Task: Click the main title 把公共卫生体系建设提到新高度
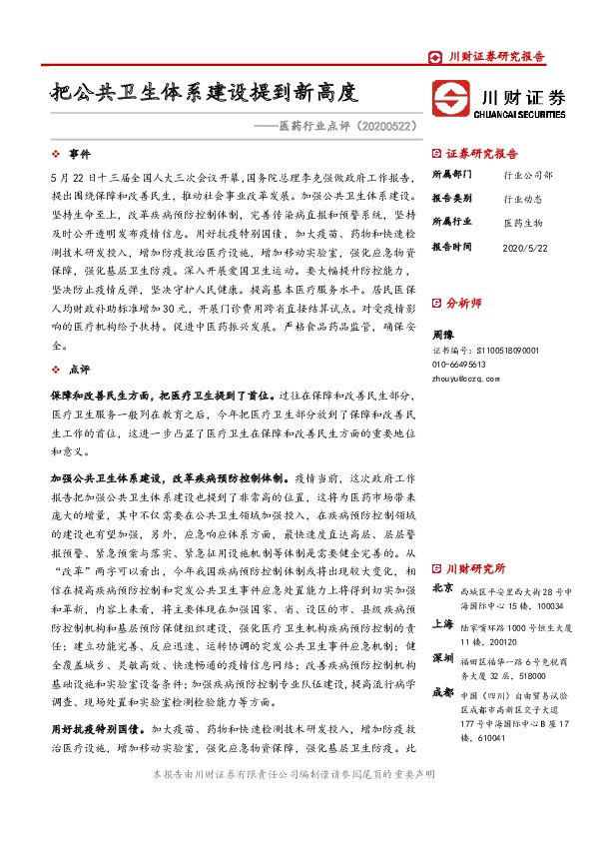click(x=205, y=96)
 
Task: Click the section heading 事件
click(x=79, y=155)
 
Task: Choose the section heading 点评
click(x=79, y=370)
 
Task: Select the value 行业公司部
click(x=528, y=174)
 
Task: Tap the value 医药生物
click(x=522, y=222)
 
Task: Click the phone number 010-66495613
click(x=465, y=365)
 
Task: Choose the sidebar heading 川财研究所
click(x=475, y=568)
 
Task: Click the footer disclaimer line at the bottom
click(x=297, y=774)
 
